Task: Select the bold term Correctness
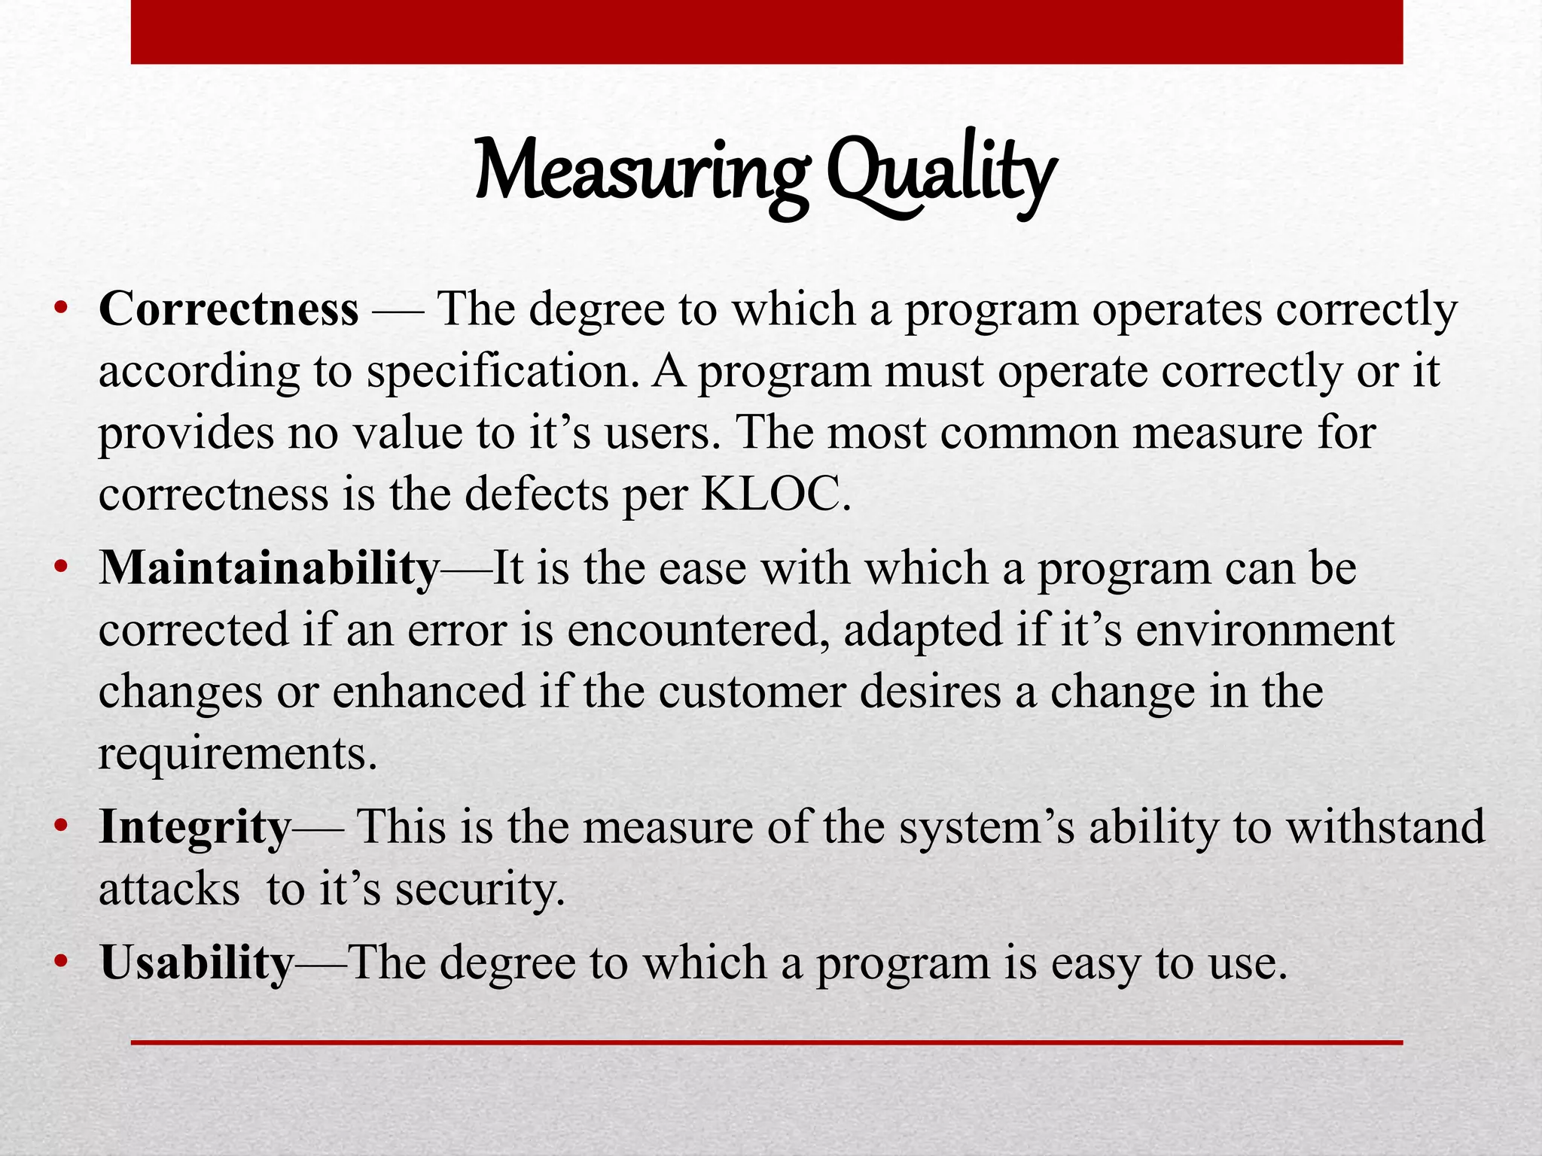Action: pyautogui.click(x=228, y=309)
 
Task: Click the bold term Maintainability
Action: pyautogui.click(x=269, y=568)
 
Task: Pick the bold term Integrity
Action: pyautogui.click(x=194, y=827)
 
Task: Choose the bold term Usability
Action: pyautogui.click(x=196, y=963)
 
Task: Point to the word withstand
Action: pyautogui.click(x=1385, y=827)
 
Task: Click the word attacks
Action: pyautogui.click(x=169, y=890)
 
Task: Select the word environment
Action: pyautogui.click(x=1265, y=630)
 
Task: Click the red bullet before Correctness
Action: pyautogui.click(x=62, y=310)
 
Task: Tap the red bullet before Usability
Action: pyautogui.click(x=62, y=963)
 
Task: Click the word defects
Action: pyautogui.click(x=536, y=494)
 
